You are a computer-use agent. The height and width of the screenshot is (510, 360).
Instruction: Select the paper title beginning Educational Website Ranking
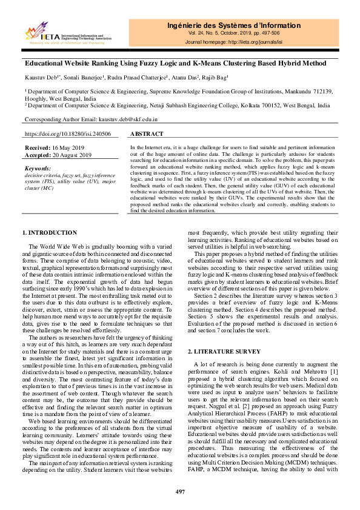[x=175, y=63]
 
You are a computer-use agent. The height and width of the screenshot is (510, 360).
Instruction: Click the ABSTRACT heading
[x=147, y=134]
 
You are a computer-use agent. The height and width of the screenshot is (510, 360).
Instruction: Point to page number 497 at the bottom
[x=180, y=491]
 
